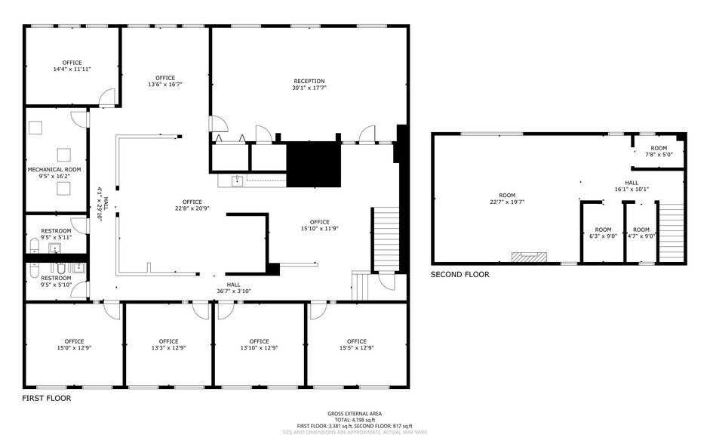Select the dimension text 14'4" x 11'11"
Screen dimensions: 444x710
pos(72,69)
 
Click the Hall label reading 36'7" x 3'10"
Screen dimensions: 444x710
pos(234,287)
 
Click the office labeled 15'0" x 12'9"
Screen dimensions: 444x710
pos(74,344)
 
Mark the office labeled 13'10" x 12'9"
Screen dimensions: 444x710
pos(260,344)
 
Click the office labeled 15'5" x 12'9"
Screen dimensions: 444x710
pos(357,344)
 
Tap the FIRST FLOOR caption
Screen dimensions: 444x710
pos(47,398)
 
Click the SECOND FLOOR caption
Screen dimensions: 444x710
pos(460,275)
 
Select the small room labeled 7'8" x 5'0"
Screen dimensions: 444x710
pos(659,151)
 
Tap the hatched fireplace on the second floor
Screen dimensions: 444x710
pos(530,257)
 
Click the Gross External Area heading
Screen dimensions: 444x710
pos(355,414)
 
